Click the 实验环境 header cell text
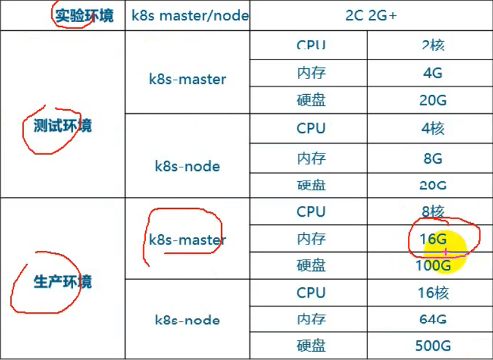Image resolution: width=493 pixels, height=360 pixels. point(84,16)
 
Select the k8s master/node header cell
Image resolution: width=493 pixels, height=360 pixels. point(189,16)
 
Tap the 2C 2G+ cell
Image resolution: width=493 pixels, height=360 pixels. point(371,16)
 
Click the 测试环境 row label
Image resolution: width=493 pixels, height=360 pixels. point(62,126)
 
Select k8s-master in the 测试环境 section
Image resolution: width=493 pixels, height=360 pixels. point(187,79)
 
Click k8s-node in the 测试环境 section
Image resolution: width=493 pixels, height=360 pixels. point(187,166)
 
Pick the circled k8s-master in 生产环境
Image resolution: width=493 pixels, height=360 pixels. point(187,239)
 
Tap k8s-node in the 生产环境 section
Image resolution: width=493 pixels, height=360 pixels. point(187,320)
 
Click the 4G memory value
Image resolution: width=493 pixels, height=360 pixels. point(432,73)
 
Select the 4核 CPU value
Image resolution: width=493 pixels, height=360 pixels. point(432,128)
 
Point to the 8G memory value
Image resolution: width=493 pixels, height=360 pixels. point(432,158)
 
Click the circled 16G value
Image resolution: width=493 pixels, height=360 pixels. point(432,239)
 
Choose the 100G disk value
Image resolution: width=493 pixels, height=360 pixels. point(432,265)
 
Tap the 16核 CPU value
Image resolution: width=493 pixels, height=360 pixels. point(432,292)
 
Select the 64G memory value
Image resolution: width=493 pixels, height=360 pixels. point(432,320)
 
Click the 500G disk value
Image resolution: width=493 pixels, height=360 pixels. point(432,345)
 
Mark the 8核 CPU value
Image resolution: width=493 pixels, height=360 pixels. point(432,212)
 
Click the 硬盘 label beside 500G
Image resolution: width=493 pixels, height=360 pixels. point(311,345)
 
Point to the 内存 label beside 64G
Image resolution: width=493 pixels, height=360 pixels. point(311,320)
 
